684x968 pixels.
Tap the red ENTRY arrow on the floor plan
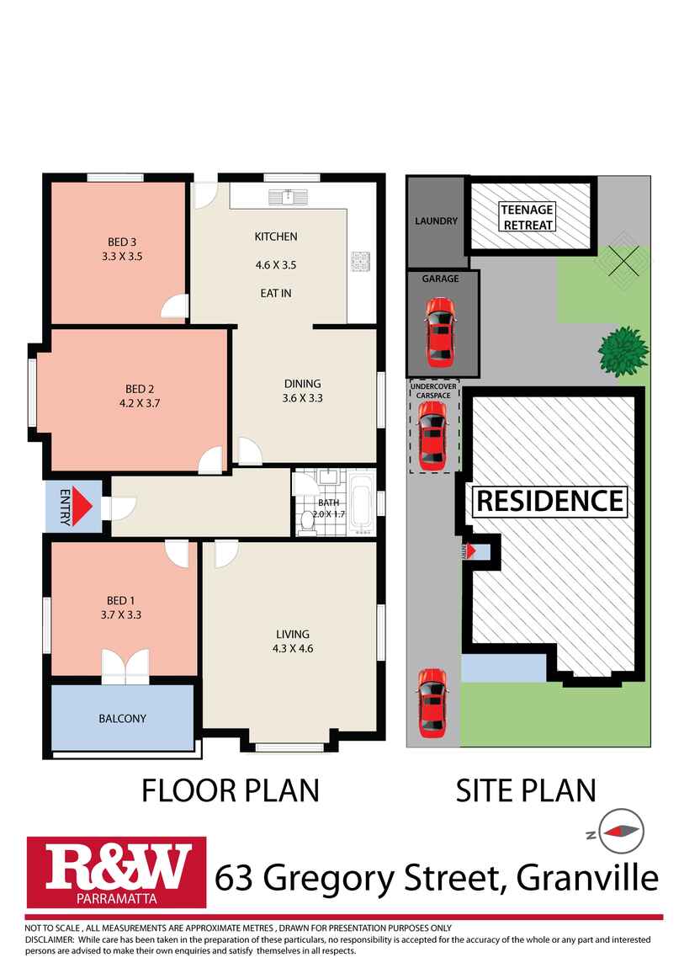click(x=82, y=508)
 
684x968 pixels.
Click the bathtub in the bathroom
click(x=363, y=504)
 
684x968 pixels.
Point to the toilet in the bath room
click(x=307, y=524)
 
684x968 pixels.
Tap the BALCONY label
click(x=122, y=719)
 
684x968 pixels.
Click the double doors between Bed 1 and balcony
click(x=125, y=666)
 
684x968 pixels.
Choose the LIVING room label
click(x=293, y=634)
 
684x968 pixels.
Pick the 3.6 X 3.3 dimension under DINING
click(x=302, y=398)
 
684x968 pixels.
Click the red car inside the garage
click(x=440, y=338)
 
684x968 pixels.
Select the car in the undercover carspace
click(x=432, y=435)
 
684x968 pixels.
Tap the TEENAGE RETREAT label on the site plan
click(x=528, y=217)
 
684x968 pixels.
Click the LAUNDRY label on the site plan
click(x=436, y=221)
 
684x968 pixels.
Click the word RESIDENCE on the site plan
click(x=550, y=501)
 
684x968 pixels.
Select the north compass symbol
click(x=622, y=830)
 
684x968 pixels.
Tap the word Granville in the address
click(x=587, y=879)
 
